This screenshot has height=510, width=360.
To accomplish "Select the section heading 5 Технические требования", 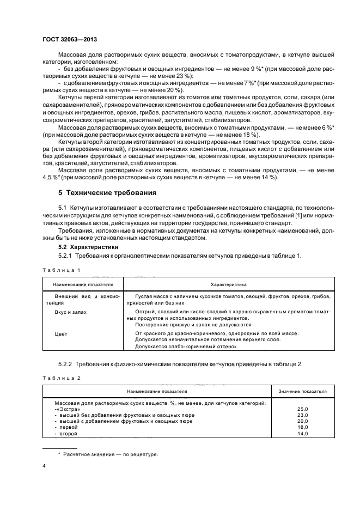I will (103, 192).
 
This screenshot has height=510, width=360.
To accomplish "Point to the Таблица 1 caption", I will (61, 270).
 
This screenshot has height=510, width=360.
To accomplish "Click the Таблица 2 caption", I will (61, 377).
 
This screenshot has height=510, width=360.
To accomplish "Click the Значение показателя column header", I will (302, 391).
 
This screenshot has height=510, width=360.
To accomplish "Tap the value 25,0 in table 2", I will (302, 409).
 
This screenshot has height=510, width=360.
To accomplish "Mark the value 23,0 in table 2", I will (302, 415).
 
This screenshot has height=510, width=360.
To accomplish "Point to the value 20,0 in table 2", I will (302, 421).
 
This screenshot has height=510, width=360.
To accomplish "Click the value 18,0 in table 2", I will (302, 428).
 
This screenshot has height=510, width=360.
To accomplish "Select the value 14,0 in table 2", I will (302, 434).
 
